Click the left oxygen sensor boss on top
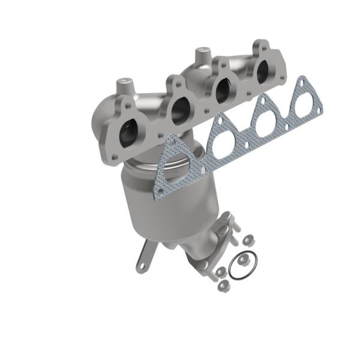click(124, 82)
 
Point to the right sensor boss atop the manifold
click(199, 55)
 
